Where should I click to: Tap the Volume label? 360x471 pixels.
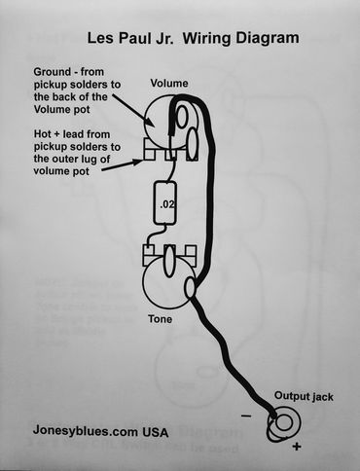click(x=169, y=84)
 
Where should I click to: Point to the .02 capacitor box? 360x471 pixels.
click(x=168, y=204)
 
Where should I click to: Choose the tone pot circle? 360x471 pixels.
click(x=166, y=283)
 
